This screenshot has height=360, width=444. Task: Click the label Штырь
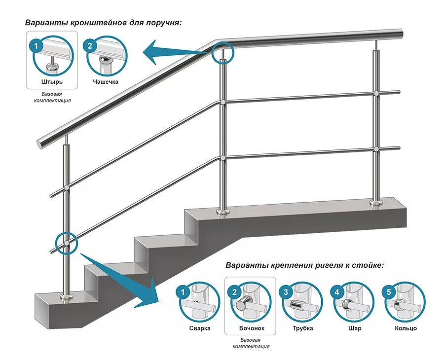tap(52, 81)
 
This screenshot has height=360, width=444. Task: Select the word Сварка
tap(200, 328)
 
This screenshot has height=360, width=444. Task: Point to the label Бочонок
tap(251, 328)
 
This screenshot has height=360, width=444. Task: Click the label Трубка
tap(302, 328)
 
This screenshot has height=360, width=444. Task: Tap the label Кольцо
tap(406, 328)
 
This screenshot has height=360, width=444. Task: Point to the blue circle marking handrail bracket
tap(223, 52)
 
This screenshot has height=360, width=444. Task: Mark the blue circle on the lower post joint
tap(66, 243)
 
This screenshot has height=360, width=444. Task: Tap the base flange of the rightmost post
tap(377, 202)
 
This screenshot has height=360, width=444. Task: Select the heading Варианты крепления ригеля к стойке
tap(304, 265)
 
